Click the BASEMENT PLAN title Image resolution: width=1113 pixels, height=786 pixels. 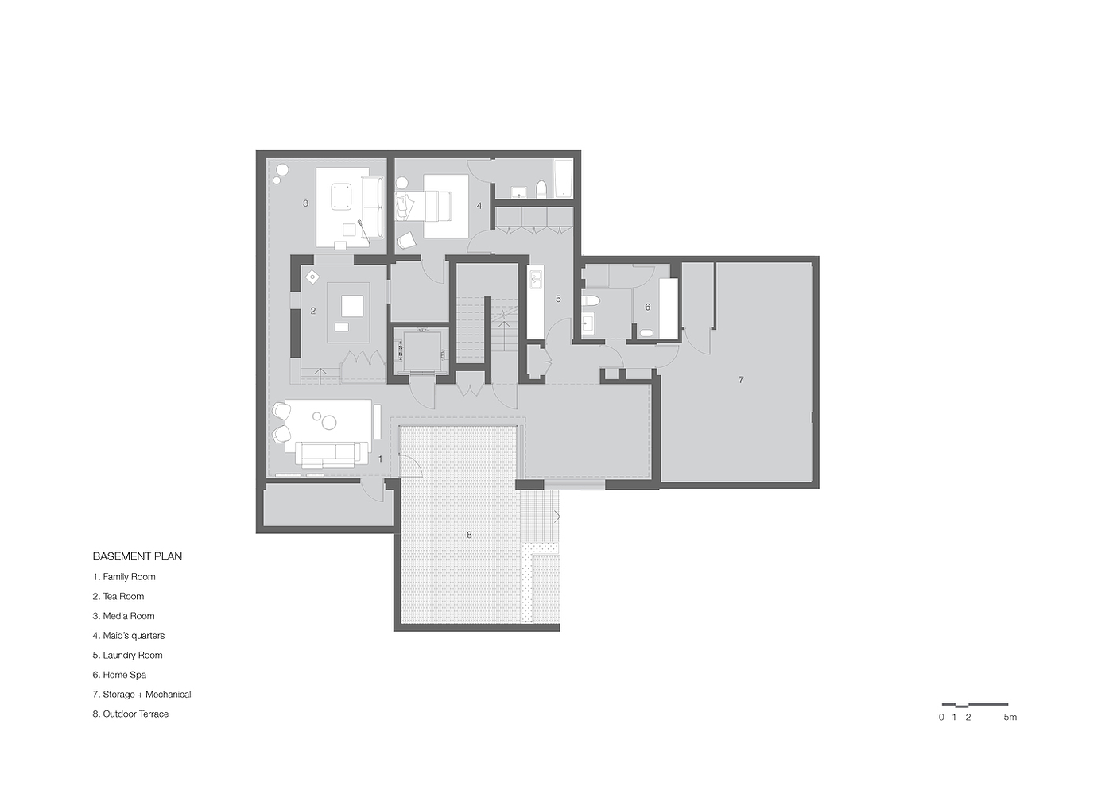pyautogui.click(x=137, y=556)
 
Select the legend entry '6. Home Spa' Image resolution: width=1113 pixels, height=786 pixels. pyautogui.click(x=119, y=675)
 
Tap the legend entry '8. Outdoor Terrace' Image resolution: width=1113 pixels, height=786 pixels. pyautogui.click(x=130, y=714)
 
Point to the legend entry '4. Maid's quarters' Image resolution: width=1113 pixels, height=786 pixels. pyautogui.click(x=129, y=636)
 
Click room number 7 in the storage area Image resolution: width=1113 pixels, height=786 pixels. pyautogui.click(x=741, y=380)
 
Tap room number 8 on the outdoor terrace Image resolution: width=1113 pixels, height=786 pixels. pyautogui.click(x=469, y=535)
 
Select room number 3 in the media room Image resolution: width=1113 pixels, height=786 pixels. pyautogui.click(x=305, y=203)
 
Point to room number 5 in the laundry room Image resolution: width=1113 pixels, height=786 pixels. pyautogui.click(x=558, y=299)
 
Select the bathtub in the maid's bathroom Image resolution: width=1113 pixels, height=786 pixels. pyautogui.click(x=563, y=178)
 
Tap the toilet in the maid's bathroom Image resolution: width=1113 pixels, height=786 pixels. pyautogui.click(x=541, y=189)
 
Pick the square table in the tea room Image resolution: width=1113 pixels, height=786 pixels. pyautogui.click(x=351, y=306)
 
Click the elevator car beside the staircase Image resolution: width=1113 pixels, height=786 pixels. pyautogui.click(x=422, y=351)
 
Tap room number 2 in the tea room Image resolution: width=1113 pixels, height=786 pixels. pyautogui.click(x=313, y=311)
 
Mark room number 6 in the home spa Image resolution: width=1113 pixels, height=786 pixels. pyautogui.click(x=647, y=307)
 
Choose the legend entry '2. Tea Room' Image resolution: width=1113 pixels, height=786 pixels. pyautogui.click(x=118, y=596)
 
